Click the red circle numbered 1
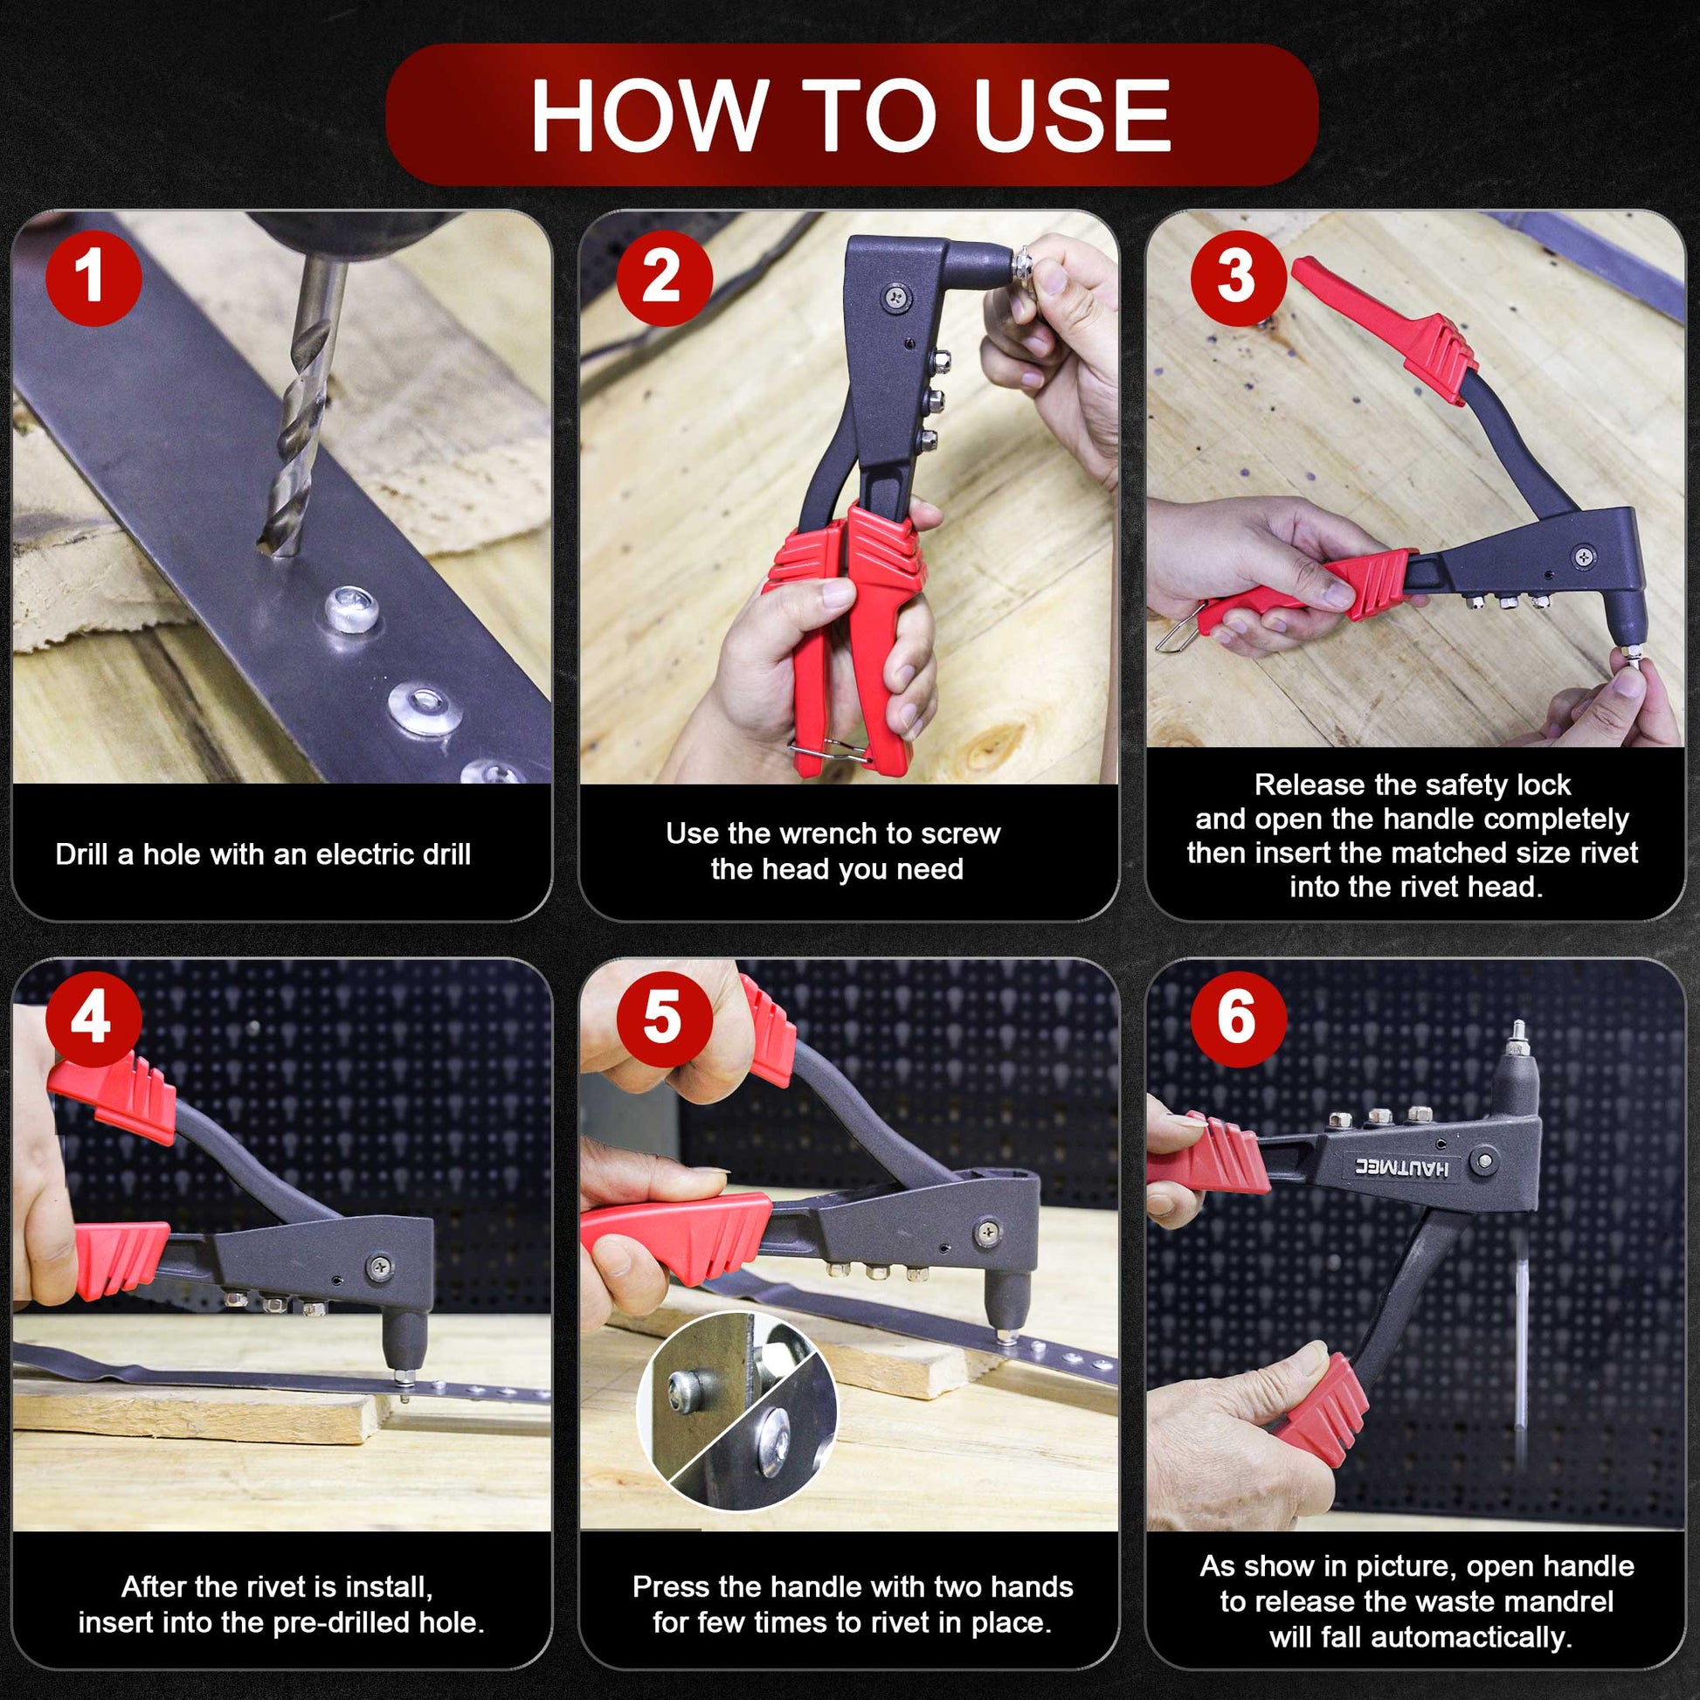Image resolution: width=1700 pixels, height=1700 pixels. [x=93, y=278]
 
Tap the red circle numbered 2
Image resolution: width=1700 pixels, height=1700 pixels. [x=663, y=278]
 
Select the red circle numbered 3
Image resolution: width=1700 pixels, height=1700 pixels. [x=1238, y=278]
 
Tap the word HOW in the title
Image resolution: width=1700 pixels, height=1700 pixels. [x=646, y=115]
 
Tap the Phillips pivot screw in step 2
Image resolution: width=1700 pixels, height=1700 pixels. [x=896, y=297]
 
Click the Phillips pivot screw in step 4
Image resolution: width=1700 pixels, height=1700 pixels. [x=382, y=1266]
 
